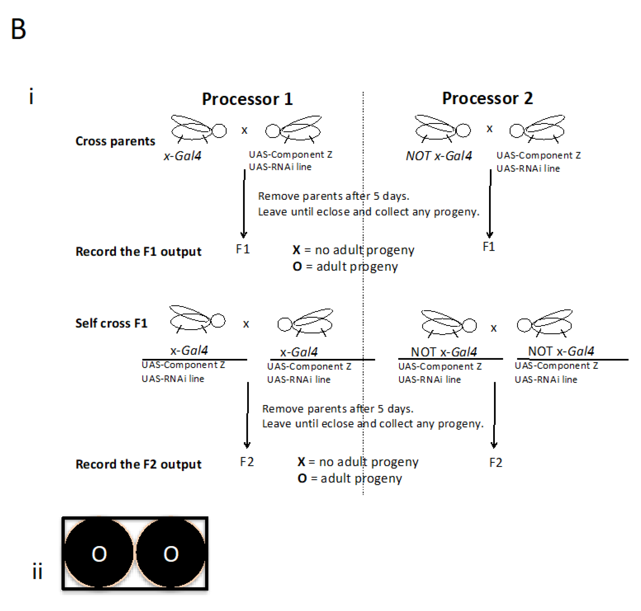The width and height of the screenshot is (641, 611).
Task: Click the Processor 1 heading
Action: click(247, 99)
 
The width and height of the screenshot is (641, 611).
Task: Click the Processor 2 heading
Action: click(487, 98)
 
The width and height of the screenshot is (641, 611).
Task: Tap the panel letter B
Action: click(18, 29)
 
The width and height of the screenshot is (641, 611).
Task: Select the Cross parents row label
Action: click(115, 141)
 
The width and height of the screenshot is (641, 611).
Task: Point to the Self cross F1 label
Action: click(111, 323)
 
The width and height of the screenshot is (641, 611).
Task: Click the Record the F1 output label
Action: click(138, 251)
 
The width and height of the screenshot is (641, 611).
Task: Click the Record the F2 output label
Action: click(138, 464)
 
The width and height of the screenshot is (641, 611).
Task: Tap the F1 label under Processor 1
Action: click(242, 249)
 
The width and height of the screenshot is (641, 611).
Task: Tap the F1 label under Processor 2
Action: click(488, 246)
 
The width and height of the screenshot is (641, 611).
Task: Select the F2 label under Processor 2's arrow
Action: click(495, 462)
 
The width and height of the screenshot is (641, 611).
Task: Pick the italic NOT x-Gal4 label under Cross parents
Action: click(439, 156)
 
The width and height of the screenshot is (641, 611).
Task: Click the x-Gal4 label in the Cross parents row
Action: click(182, 156)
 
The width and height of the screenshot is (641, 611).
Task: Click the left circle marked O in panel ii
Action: click(99, 554)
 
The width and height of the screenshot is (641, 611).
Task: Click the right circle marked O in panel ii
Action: click(171, 554)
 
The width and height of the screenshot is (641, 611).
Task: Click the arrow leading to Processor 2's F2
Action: click(494, 415)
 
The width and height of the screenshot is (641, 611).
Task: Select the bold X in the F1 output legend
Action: click(296, 250)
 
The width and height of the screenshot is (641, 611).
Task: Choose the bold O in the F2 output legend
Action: click(302, 478)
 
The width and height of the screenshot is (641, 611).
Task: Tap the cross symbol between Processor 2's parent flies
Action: click(489, 129)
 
